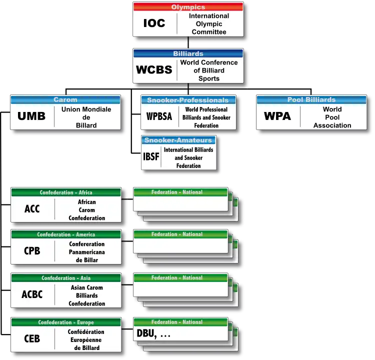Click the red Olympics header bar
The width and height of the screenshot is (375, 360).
coord(188,7)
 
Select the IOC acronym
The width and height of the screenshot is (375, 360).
coord(154,23)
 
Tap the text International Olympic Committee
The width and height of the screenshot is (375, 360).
coord(208,24)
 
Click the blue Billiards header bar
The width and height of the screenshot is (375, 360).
coord(188,53)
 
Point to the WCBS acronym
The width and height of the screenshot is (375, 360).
coord(154,70)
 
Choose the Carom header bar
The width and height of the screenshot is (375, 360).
coord(65,99)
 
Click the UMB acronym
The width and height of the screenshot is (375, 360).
coord(31,116)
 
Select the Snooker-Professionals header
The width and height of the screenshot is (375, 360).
coord(187,100)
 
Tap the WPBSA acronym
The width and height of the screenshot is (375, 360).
coord(159,117)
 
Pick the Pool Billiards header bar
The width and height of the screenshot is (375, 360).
coord(311,99)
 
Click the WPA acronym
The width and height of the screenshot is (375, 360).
coord(277,116)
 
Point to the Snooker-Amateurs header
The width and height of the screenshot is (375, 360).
coord(178,140)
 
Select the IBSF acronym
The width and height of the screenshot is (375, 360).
coord(151,157)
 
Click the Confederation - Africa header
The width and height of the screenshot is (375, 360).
coord(66,192)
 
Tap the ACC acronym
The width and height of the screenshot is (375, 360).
coord(32,209)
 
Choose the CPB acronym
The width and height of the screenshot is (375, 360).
coord(32,251)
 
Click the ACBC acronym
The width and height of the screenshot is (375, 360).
coord(32,294)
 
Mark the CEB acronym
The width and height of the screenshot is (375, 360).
coord(32,338)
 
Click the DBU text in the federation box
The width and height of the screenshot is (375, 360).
coord(146,334)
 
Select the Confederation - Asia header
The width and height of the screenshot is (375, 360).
coord(66,278)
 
